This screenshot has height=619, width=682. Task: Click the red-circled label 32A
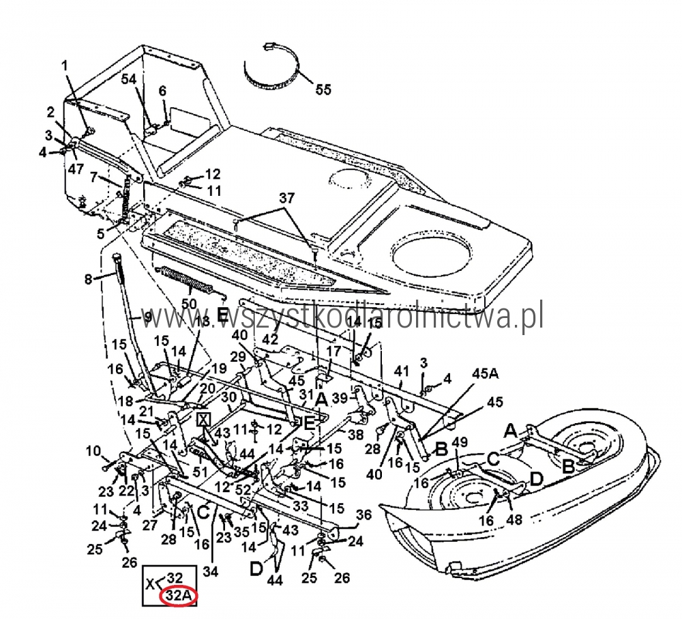click(x=178, y=596)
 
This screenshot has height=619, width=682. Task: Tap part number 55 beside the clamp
click(x=323, y=89)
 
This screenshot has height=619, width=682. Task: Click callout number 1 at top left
click(x=65, y=66)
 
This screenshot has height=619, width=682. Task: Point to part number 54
click(x=129, y=79)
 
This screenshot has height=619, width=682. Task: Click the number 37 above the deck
click(x=286, y=199)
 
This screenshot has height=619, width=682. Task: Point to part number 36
click(x=364, y=516)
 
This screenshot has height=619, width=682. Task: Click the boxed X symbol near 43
click(x=203, y=418)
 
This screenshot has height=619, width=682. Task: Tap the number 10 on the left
click(x=93, y=451)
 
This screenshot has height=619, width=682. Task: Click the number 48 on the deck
click(x=514, y=519)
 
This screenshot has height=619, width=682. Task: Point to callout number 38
click(x=355, y=434)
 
